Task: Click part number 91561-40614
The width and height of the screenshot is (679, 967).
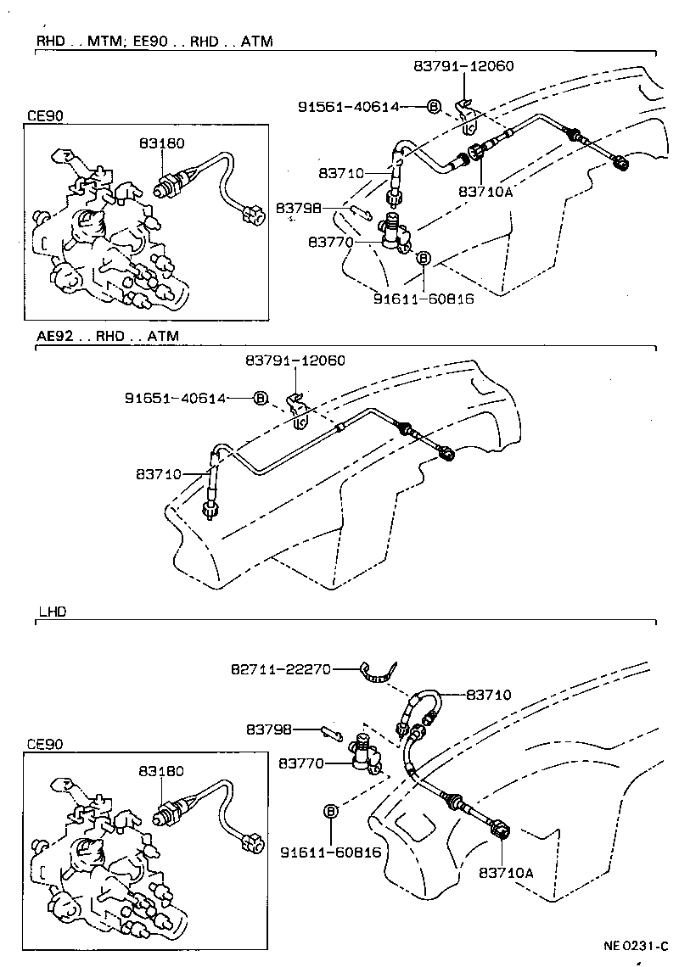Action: tap(348, 107)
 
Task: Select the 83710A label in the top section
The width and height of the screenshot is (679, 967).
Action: tap(486, 193)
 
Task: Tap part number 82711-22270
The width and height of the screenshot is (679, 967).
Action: tap(281, 669)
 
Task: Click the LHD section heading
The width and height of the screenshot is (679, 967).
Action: tap(52, 610)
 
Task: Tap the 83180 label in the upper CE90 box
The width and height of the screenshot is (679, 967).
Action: tap(161, 144)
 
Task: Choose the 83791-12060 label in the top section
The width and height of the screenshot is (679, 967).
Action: tap(464, 65)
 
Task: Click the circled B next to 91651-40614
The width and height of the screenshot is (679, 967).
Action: tap(261, 398)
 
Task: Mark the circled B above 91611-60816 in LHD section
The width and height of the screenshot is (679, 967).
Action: tap(331, 812)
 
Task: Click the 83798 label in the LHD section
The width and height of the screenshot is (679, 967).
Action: tap(269, 729)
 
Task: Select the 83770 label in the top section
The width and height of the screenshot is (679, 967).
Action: tap(330, 243)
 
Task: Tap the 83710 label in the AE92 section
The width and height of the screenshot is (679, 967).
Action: tap(157, 474)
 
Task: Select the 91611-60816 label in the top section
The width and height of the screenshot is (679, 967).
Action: tap(423, 299)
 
